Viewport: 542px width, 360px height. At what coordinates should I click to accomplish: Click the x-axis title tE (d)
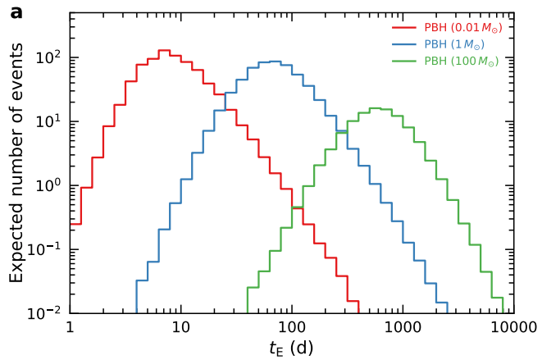(x=291, y=348)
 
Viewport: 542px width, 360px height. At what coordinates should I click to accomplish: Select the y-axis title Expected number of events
(x=17, y=163)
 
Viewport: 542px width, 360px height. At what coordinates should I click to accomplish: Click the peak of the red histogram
(x=163, y=50)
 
